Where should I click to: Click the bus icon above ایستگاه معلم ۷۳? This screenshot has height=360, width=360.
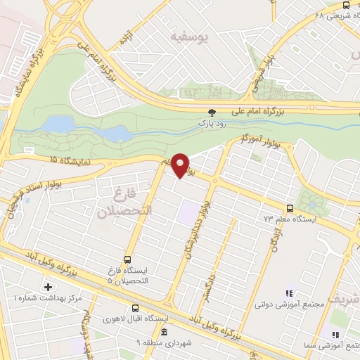(x=289, y=208)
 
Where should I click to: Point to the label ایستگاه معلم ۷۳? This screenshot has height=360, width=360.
(x=287, y=219)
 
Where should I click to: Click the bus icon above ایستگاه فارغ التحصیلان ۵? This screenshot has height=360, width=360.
(x=127, y=259)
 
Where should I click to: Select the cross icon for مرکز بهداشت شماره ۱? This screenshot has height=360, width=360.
(x=48, y=287)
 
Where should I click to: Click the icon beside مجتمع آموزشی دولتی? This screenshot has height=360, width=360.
(x=288, y=292)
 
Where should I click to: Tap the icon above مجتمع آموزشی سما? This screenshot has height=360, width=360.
(x=335, y=335)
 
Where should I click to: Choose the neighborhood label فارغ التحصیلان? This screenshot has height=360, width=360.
(x=115, y=200)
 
